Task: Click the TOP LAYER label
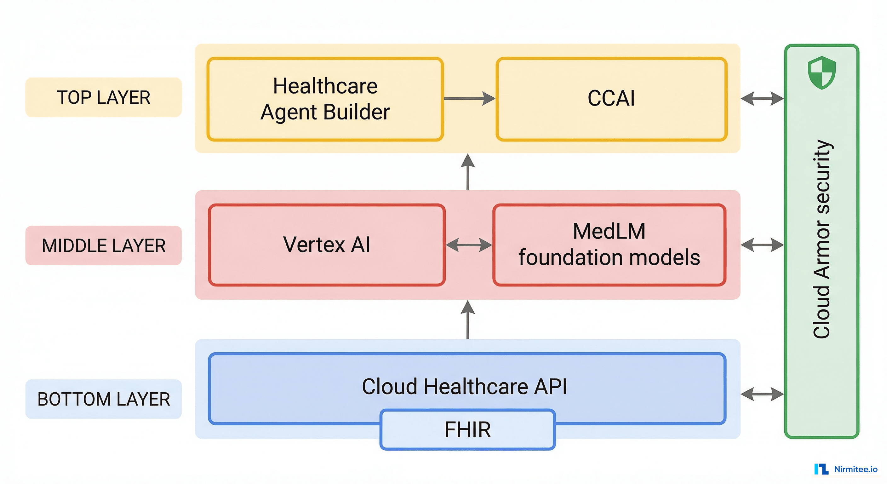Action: pyautogui.click(x=103, y=97)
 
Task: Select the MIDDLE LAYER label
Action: pyautogui.click(x=103, y=245)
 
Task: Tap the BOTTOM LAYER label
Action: pyautogui.click(x=103, y=399)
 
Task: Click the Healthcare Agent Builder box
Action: pyautogui.click(x=325, y=99)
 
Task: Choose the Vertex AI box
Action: pyautogui.click(x=326, y=245)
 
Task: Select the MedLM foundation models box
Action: pyautogui.click(x=609, y=245)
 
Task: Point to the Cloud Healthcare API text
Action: pyautogui.click(x=464, y=387)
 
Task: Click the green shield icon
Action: pyautogui.click(x=821, y=73)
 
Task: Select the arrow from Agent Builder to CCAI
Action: pyautogui.click(x=469, y=99)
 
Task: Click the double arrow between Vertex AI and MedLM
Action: pyautogui.click(x=469, y=245)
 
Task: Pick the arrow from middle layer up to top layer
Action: pyautogui.click(x=468, y=171)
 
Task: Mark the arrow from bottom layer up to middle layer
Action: pyautogui.click(x=468, y=319)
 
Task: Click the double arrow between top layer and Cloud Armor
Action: pyautogui.click(x=762, y=99)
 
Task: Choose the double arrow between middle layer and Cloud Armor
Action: pyautogui.click(x=762, y=245)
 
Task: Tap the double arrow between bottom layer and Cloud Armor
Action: pyautogui.click(x=762, y=394)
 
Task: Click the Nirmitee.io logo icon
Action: pyautogui.click(x=821, y=469)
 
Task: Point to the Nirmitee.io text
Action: pyautogui.click(x=856, y=469)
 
